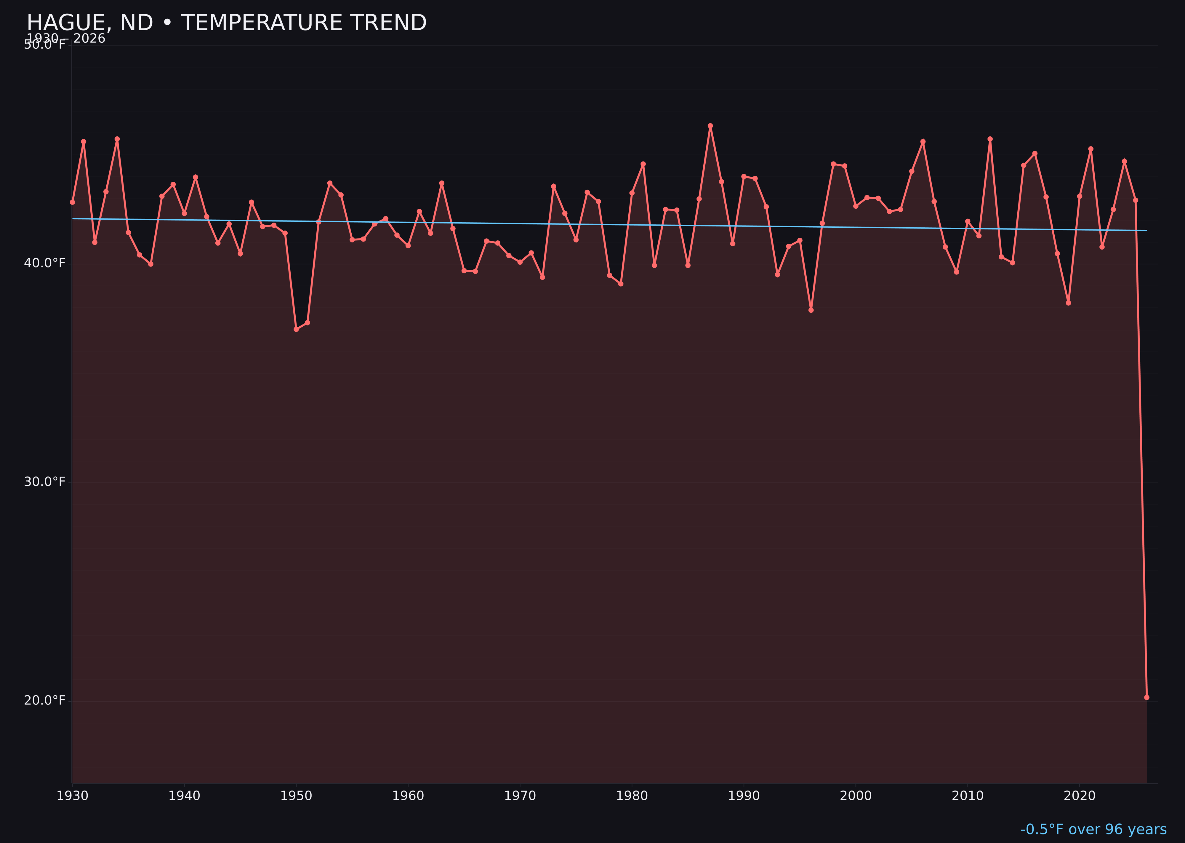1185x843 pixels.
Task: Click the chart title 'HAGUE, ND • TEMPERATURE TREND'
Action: click(x=226, y=23)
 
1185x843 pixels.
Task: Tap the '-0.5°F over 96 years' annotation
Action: click(x=1093, y=829)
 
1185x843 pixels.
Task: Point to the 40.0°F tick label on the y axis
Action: click(x=45, y=263)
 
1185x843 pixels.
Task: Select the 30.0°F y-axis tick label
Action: click(x=45, y=482)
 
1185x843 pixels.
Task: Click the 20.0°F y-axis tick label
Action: click(x=45, y=700)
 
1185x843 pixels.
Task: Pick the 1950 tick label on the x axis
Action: click(x=296, y=796)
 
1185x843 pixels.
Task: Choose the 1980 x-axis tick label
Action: click(x=632, y=796)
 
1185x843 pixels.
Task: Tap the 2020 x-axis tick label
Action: click(x=1080, y=796)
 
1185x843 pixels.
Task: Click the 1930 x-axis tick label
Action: click(x=73, y=796)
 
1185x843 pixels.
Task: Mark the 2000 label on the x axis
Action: click(x=856, y=796)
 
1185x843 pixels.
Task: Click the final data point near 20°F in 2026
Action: click(x=1146, y=697)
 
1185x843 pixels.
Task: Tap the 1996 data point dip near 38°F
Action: click(x=811, y=310)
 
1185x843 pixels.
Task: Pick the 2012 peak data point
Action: click(x=990, y=139)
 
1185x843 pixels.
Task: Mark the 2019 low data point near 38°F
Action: click(x=1068, y=303)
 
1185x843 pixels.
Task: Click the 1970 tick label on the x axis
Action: click(x=520, y=796)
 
